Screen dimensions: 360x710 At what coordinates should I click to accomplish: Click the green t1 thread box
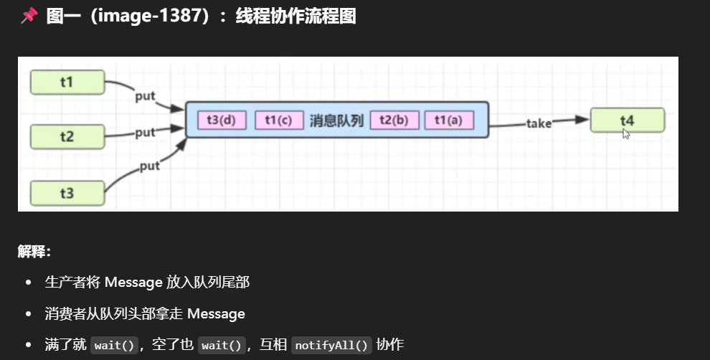click(67, 82)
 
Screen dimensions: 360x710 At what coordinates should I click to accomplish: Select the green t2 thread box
click(67, 136)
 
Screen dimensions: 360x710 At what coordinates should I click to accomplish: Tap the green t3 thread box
click(67, 192)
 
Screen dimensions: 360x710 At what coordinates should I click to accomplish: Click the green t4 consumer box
click(627, 120)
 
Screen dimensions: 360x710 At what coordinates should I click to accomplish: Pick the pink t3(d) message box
click(221, 120)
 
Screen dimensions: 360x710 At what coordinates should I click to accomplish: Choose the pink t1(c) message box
click(278, 120)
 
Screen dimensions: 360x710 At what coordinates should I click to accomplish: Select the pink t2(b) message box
click(394, 120)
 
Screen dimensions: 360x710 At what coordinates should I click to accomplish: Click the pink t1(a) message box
click(449, 120)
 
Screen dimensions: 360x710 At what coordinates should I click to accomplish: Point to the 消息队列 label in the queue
click(336, 120)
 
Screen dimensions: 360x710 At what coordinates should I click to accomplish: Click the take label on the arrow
click(539, 123)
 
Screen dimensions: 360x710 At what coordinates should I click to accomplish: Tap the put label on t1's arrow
click(145, 96)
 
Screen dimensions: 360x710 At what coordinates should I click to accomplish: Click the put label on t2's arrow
click(145, 132)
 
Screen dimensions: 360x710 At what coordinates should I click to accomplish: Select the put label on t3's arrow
click(149, 166)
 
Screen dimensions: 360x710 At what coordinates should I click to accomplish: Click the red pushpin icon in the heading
click(29, 16)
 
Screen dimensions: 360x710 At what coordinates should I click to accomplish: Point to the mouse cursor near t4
click(626, 133)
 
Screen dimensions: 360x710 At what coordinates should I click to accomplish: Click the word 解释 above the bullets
click(32, 252)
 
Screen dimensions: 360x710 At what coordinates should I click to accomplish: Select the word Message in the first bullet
click(134, 283)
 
